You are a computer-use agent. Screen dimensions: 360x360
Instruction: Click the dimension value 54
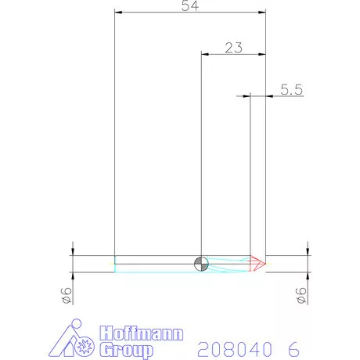189,5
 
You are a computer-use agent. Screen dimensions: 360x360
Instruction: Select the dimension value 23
232,47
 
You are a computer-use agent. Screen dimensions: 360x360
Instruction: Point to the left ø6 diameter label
68,295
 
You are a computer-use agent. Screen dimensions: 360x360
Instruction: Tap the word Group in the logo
128,348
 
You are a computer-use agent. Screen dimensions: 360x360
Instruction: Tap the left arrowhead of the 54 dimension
118,13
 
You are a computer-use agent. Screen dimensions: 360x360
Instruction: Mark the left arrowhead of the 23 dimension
205,54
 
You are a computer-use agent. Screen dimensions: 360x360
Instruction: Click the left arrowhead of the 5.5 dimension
245,96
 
